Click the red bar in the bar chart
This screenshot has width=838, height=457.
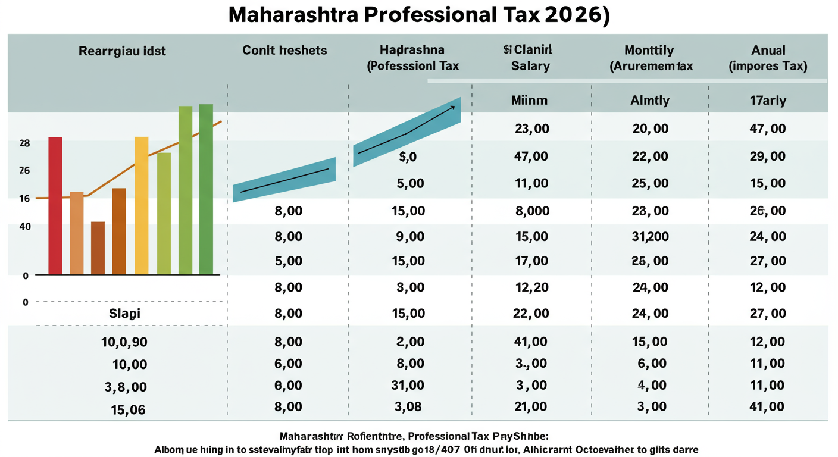(x=55, y=205)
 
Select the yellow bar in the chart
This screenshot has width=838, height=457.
(x=142, y=205)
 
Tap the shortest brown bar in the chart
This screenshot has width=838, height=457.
(x=98, y=248)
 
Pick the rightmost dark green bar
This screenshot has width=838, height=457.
(x=206, y=189)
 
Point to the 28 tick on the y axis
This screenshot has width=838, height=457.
(x=24, y=143)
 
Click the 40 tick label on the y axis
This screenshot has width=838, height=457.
(x=24, y=226)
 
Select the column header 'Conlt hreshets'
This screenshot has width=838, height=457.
(x=284, y=51)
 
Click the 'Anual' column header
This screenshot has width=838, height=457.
(x=768, y=51)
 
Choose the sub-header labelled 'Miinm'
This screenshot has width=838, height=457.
(x=529, y=101)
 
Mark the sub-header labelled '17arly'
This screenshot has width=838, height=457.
(x=768, y=101)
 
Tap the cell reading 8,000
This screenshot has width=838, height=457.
(x=529, y=211)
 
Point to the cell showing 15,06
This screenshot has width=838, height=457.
(x=127, y=410)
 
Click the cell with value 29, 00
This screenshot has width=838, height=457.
(x=768, y=157)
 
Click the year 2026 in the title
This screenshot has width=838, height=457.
(x=571, y=16)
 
